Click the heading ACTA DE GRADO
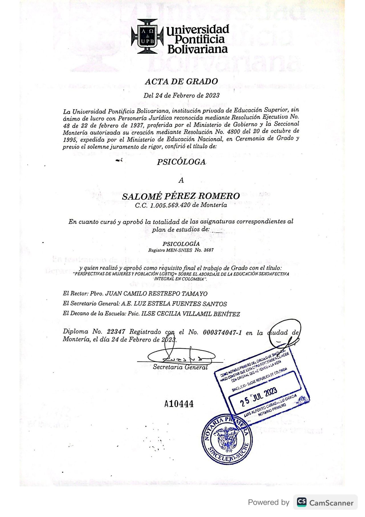click(x=181, y=82)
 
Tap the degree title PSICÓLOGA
click(x=181, y=162)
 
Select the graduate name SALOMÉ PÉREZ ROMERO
click(x=181, y=196)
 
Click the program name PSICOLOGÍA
click(x=181, y=244)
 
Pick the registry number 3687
click(x=209, y=250)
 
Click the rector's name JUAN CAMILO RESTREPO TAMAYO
click(x=156, y=293)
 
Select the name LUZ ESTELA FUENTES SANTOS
click(x=180, y=304)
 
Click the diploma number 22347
click(x=116, y=332)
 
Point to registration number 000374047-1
click(x=222, y=332)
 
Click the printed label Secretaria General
click(x=180, y=367)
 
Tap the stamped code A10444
click(x=179, y=404)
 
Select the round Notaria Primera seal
click(x=227, y=439)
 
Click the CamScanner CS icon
click(x=302, y=502)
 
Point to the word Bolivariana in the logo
click(x=198, y=49)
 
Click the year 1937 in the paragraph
click(x=136, y=126)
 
